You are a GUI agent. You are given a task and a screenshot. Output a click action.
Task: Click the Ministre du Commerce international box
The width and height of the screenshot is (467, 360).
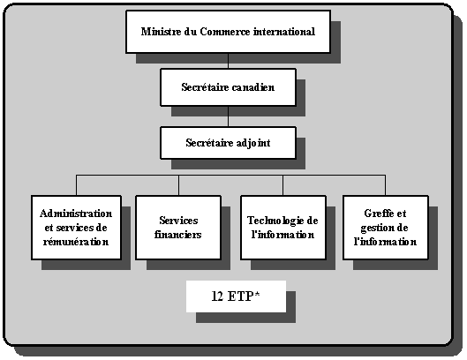pos(228,32)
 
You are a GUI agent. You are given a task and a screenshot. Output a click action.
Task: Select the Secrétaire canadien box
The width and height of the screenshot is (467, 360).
pos(228,87)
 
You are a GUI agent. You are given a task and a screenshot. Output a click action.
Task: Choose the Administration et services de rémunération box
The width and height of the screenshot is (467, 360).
pos(76,228)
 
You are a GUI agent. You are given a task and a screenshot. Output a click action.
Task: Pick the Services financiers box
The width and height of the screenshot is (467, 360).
pos(179,228)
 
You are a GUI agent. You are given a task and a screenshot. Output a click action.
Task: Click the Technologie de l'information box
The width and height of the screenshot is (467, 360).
pos(282,228)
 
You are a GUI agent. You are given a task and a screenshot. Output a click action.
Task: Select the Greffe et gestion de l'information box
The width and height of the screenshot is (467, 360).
pos(385,228)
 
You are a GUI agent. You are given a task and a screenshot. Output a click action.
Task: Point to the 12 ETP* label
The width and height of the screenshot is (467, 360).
pos(236,296)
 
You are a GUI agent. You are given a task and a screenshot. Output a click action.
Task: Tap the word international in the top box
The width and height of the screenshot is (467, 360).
pos(282,33)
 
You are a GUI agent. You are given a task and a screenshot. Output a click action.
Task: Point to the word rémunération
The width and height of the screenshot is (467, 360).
pos(76,242)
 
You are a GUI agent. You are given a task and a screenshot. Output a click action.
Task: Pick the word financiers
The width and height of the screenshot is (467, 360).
pos(179,235)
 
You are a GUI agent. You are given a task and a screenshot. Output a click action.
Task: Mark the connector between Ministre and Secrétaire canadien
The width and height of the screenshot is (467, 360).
pos(228,61)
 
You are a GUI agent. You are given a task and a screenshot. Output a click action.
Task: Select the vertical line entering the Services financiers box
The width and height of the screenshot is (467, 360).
pos(179,185)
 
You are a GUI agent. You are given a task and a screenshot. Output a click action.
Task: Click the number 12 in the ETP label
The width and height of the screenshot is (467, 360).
pos(218,296)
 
